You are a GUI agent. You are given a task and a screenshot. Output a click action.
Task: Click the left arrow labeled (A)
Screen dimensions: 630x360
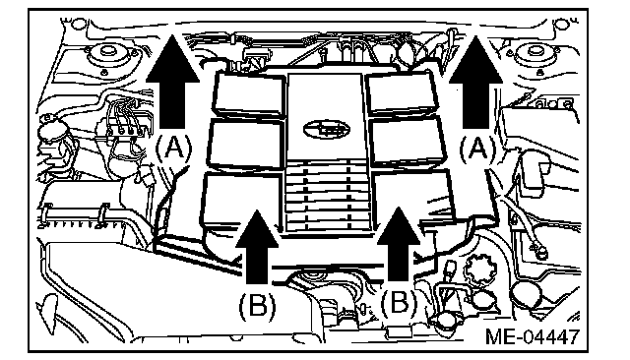click(173, 83)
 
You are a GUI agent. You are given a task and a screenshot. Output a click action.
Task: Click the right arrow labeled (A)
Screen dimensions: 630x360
click(475, 83)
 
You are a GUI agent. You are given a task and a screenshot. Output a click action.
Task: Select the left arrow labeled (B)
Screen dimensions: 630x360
click(257, 247)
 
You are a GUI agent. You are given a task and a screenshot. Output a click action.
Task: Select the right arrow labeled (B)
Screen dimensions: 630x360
click(399, 245)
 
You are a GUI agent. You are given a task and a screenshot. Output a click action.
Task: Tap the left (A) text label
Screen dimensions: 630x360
click(173, 149)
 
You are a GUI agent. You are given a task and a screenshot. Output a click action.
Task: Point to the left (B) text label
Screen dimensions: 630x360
click(258, 306)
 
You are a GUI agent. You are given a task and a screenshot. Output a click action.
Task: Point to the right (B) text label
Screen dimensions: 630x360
click(399, 302)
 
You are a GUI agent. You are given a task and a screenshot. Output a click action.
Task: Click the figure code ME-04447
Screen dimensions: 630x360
click(533, 336)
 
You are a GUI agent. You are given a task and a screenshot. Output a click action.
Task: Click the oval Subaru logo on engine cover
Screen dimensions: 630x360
click(326, 129)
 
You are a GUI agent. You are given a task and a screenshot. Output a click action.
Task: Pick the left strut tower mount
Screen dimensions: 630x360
click(107, 55)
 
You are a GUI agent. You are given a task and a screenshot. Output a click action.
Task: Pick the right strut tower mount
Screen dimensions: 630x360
click(535, 55)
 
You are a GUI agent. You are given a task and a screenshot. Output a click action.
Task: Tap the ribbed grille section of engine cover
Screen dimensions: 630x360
click(328, 196)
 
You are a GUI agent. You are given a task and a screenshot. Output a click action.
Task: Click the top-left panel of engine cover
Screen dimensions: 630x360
click(248, 95)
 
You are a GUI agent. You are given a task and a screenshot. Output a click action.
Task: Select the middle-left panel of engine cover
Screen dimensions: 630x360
click(245, 144)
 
